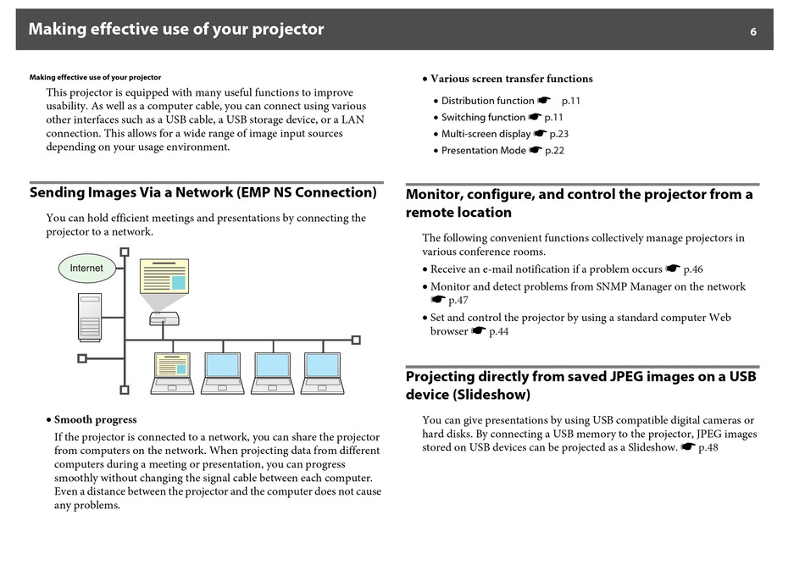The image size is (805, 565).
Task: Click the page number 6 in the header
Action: [752, 32]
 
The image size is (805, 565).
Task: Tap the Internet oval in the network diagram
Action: [86, 269]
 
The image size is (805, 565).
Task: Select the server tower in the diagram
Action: [90, 317]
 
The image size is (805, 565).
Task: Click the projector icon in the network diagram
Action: [164, 319]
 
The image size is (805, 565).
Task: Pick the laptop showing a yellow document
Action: [173, 373]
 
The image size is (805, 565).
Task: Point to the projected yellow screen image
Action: [164, 276]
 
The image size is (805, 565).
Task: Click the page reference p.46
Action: [693, 269]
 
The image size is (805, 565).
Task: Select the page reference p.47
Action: [458, 300]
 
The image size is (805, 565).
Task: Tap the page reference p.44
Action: [498, 331]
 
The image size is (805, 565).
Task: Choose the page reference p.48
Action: [708, 447]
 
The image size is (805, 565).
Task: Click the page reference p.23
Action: [559, 134]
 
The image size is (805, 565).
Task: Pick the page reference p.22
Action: [554, 151]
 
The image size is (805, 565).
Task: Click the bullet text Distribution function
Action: [488, 101]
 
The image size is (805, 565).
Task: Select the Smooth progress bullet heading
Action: [96, 420]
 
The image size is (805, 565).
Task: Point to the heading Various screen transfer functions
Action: [511, 79]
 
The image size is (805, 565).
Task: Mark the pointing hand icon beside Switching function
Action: [535, 117]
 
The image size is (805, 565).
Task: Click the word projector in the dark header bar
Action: [287, 30]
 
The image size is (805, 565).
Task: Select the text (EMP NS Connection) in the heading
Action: [307, 192]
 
